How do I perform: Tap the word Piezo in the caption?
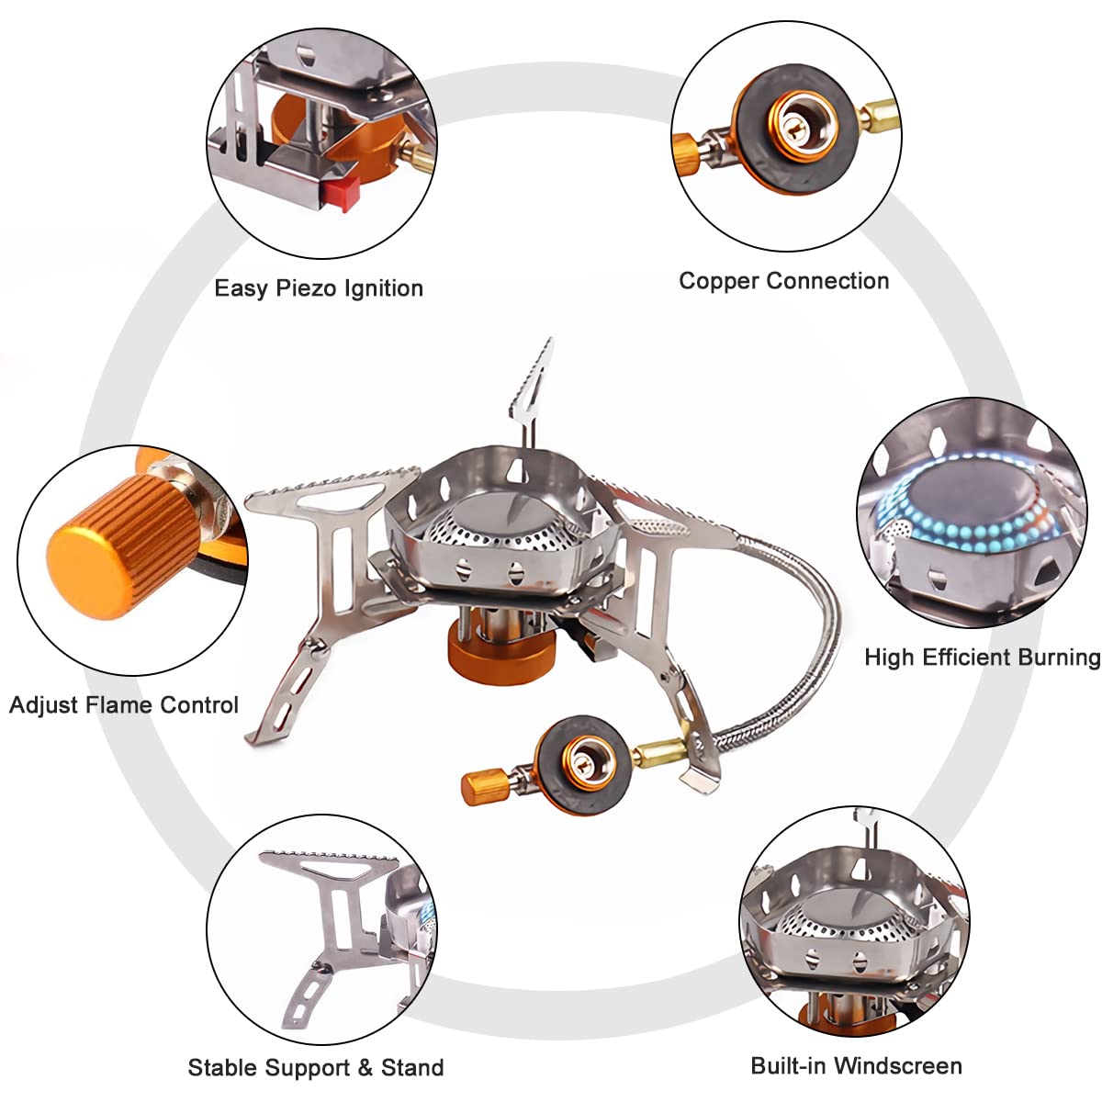point(307,288)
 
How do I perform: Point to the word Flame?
point(121,705)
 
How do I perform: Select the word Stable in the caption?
point(223,1068)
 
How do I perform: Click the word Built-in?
point(788,1066)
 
